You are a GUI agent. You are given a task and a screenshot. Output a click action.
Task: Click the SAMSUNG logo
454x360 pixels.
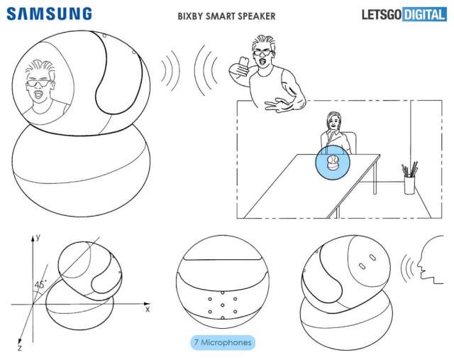49,13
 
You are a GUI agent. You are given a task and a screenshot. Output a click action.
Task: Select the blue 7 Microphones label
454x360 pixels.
221,342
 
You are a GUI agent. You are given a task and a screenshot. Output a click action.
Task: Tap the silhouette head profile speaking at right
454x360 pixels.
431,259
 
